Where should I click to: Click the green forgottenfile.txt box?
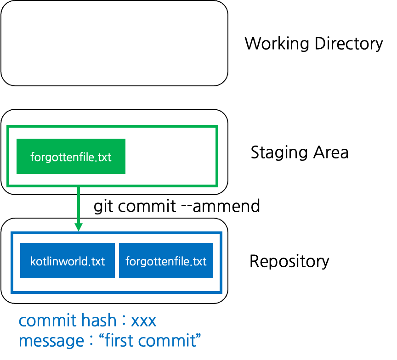(71, 157)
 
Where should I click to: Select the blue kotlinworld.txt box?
(68, 261)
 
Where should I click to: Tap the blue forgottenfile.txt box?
(166, 261)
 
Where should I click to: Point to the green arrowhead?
(79, 227)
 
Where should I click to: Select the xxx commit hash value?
(143, 321)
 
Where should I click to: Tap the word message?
(51, 341)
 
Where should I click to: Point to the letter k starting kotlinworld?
(33, 261)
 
